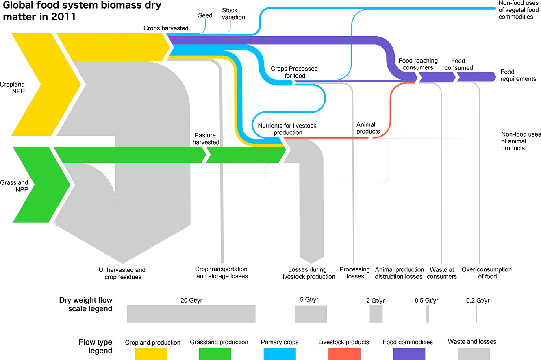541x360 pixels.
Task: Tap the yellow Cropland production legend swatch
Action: click(x=151, y=353)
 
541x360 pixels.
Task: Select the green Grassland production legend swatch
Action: click(x=215, y=353)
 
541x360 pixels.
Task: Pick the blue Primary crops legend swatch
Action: click(x=280, y=353)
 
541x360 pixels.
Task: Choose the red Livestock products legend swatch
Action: click(x=343, y=353)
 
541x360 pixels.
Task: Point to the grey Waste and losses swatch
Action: click(x=474, y=353)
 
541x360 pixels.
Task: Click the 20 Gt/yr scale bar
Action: click(x=191, y=314)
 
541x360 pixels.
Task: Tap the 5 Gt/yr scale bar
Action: click(x=311, y=314)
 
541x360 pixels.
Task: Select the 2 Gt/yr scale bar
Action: click(x=376, y=314)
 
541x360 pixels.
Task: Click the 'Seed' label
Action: click(x=205, y=16)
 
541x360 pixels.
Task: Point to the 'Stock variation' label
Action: click(x=233, y=13)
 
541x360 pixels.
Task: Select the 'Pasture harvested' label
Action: click(x=206, y=139)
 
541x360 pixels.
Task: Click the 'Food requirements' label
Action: click(x=518, y=75)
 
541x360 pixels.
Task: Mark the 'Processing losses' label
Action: click(x=355, y=273)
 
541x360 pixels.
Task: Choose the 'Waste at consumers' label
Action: click(x=441, y=273)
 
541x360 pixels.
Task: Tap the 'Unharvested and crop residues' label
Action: click(x=122, y=273)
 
